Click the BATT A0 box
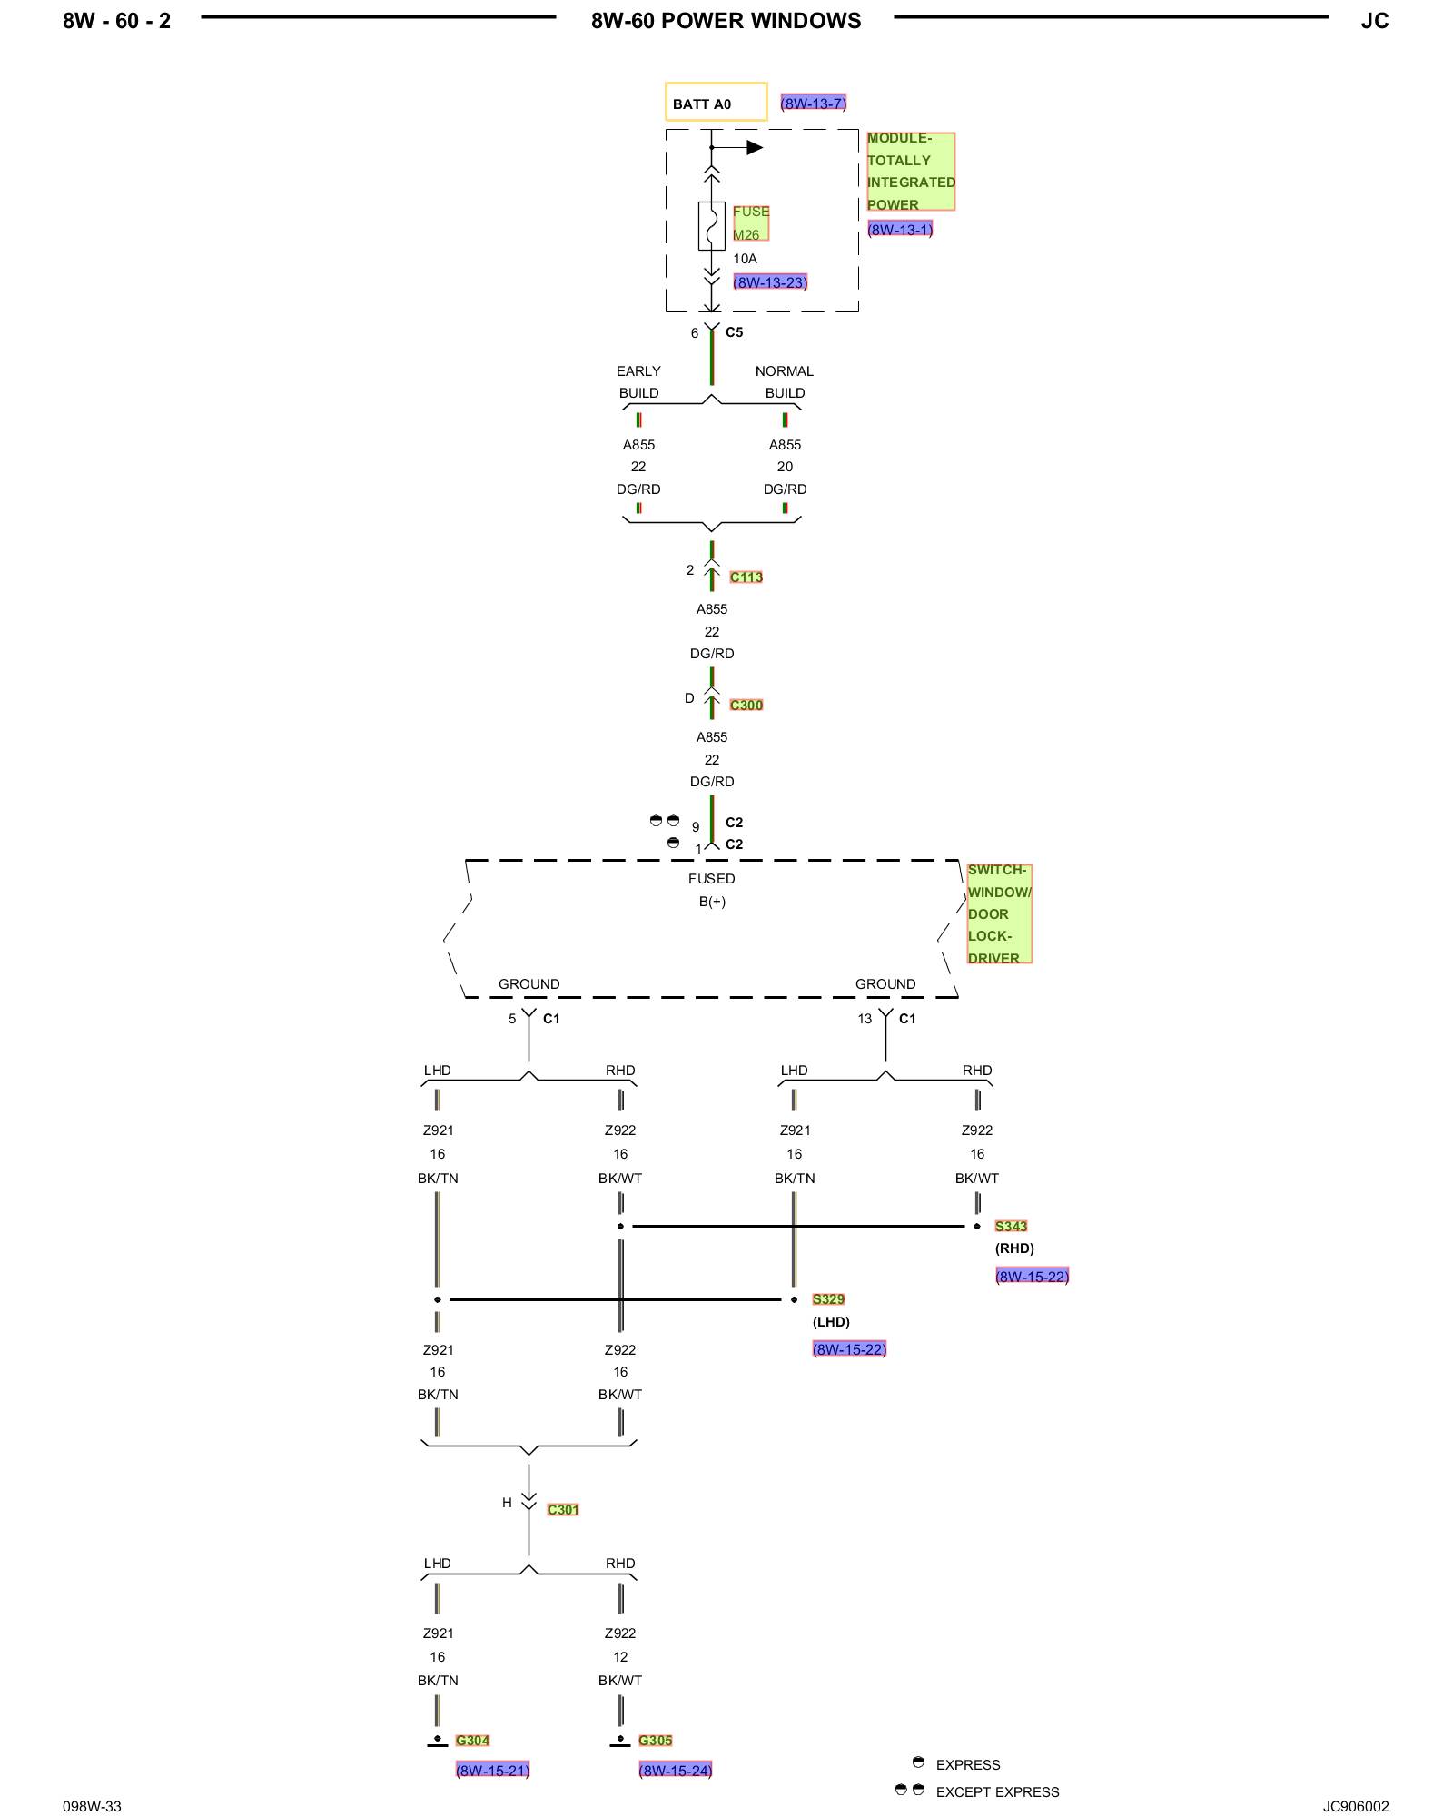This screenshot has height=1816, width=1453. [x=716, y=102]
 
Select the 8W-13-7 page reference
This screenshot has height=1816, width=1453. [x=814, y=104]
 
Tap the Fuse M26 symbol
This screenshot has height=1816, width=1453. [x=712, y=225]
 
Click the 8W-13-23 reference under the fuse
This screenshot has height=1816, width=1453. [x=770, y=282]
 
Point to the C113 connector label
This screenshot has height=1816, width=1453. [x=746, y=577]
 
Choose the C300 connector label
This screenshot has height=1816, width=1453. [x=746, y=705]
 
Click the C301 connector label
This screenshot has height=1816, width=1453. [x=563, y=1509]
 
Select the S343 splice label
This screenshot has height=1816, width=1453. [x=1011, y=1226]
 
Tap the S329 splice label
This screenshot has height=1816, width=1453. [x=828, y=1299]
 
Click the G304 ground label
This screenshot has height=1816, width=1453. [x=472, y=1740]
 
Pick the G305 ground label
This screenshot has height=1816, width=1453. [x=656, y=1740]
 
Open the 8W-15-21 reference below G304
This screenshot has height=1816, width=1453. [x=492, y=1770]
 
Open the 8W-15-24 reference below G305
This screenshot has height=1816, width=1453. [x=676, y=1770]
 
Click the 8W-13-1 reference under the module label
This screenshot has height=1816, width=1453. [x=900, y=230]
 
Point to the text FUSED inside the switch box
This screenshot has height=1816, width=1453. [x=712, y=878]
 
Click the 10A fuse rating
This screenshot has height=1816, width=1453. [x=745, y=259]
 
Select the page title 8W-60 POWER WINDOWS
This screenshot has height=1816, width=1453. [x=726, y=21]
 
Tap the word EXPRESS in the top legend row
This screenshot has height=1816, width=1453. [x=968, y=1764]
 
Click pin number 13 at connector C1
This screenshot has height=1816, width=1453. [x=865, y=1019]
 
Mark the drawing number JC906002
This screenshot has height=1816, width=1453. [x=1356, y=1806]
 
